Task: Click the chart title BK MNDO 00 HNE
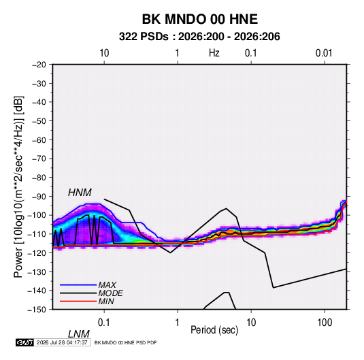199,19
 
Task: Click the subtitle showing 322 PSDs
199,37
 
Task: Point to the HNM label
80,193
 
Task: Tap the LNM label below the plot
79,334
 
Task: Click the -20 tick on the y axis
39,65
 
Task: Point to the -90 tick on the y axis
39,197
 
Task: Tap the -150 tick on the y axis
37,310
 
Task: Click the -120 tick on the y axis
37,253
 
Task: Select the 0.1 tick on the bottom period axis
104,323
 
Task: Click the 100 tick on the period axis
325,323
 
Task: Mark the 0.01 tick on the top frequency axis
324,53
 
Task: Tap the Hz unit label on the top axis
214,53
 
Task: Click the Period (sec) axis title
214,330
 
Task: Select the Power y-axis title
18,187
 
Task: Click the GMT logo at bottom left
24,342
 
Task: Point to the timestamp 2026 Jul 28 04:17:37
62,342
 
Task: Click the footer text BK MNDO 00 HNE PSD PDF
125,342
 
